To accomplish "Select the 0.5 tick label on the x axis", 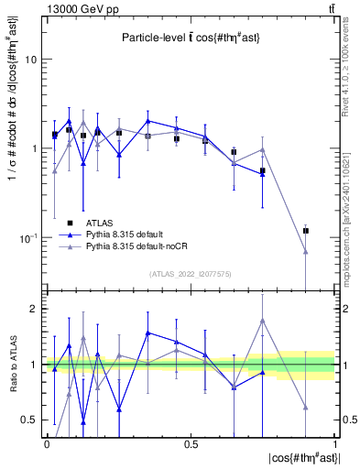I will pyautogui.click(x=191, y=444).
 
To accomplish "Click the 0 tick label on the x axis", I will pyautogui.click(x=47, y=444).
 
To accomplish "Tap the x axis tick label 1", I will pyautogui.click(x=334, y=444).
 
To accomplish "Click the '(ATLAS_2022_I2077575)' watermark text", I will pyautogui.click(x=191, y=274).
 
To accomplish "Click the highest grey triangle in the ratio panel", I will pyautogui.click(x=263, y=321).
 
